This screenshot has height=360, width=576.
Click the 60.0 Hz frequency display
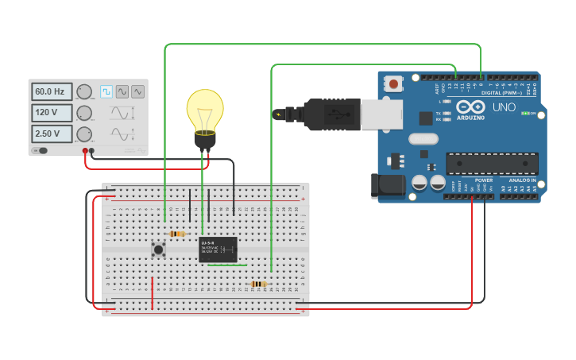click(52, 91)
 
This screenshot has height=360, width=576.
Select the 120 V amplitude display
click(52, 112)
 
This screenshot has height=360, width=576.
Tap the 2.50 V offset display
click(52, 134)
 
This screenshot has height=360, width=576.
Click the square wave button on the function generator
click(106, 91)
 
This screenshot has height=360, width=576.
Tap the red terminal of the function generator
click(85, 150)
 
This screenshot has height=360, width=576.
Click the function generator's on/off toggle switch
click(40, 150)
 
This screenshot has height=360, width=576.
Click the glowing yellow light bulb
click(205, 111)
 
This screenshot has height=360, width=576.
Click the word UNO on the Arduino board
click(504, 107)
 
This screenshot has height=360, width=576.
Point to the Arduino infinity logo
click(470, 108)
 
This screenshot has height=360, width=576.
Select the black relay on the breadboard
click(218, 249)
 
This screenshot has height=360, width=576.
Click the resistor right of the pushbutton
click(178, 234)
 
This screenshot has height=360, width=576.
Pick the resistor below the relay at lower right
click(257, 284)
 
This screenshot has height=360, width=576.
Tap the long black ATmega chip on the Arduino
click(492, 164)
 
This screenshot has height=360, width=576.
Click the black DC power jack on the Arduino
click(387, 186)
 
